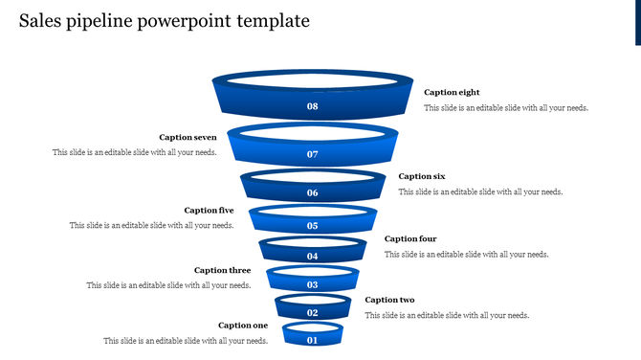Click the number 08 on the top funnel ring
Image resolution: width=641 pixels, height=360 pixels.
tap(312, 106)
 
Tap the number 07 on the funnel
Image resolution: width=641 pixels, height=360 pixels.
tap(312, 154)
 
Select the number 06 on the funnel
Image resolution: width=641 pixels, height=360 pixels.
tap(312, 193)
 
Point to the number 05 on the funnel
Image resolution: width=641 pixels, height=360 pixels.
tap(312, 226)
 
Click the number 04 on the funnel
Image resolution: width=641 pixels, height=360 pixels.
tap(312, 257)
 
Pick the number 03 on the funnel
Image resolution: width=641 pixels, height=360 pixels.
tap(312, 285)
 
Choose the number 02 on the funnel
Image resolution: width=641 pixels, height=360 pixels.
tap(312, 313)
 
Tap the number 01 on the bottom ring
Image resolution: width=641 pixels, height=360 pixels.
tap(312, 340)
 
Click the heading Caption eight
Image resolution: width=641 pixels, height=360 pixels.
tap(452, 93)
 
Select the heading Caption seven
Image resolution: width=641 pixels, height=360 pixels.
tap(188, 138)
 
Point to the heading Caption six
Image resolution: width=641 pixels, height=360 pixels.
tap(422, 176)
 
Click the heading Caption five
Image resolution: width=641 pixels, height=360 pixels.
tap(209, 211)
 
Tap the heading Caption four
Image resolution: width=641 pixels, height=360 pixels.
tap(410, 239)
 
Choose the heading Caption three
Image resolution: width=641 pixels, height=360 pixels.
tap(222, 271)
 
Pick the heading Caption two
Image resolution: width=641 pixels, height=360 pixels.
tap(389, 301)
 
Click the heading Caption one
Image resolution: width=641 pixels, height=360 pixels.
tap(243, 326)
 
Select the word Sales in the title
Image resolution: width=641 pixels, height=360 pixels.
tap(40, 20)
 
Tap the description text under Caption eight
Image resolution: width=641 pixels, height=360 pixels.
tap(505, 108)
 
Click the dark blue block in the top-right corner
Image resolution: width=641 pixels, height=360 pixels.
tap(637, 22)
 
